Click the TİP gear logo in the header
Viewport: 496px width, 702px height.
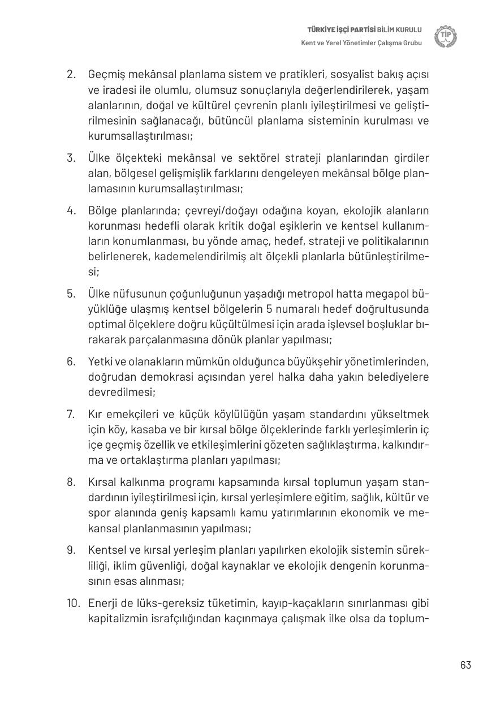click(x=446, y=37)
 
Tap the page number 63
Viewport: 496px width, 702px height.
click(x=465, y=665)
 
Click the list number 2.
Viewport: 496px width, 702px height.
click(x=71, y=74)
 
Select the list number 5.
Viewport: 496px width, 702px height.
click(x=71, y=293)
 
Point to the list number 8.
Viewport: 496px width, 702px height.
click(x=71, y=482)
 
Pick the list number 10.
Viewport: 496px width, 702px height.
click(x=72, y=602)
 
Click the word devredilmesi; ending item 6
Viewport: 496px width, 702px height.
click(x=122, y=392)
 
